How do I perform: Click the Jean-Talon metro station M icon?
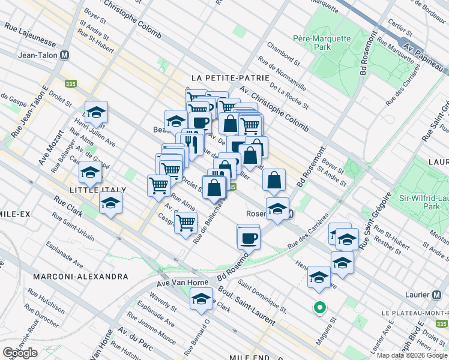(x=65, y=55)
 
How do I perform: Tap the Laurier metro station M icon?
(x=439, y=295)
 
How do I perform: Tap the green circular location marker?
(x=320, y=308)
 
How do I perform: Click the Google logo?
(x=20, y=353)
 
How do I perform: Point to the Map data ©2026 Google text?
(x=412, y=355)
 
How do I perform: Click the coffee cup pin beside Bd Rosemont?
(x=248, y=238)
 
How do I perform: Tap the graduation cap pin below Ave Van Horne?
(x=201, y=298)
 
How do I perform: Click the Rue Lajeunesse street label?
(x=29, y=36)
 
